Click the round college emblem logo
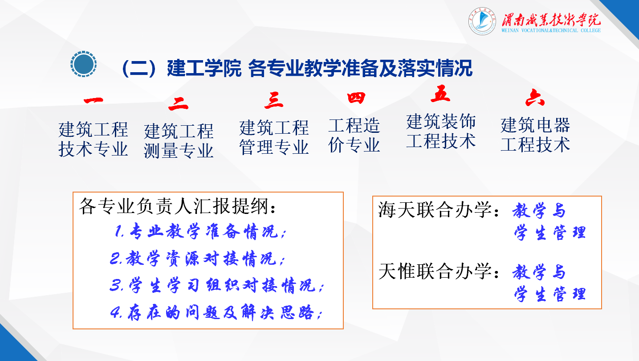coord(482,21)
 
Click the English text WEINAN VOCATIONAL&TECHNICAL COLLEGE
coord(551,30)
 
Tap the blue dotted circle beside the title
coord(84,64)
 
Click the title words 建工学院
coord(204,69)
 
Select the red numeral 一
coord(94,101)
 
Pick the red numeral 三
coord(274,101)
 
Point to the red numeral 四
coord(356,98)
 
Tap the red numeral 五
coord(440,94)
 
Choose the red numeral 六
coord(535,98)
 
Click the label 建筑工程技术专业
coord(93,139)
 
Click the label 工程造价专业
coord(354,135)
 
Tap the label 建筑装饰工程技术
coord(441,131)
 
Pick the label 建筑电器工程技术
coord(535,135)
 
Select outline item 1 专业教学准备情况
coord(199,231)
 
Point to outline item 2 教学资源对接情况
coord(197,259)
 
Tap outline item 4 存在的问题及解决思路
coord(216,312)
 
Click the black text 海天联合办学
coord(435,210)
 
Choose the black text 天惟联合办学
coord(435,271)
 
